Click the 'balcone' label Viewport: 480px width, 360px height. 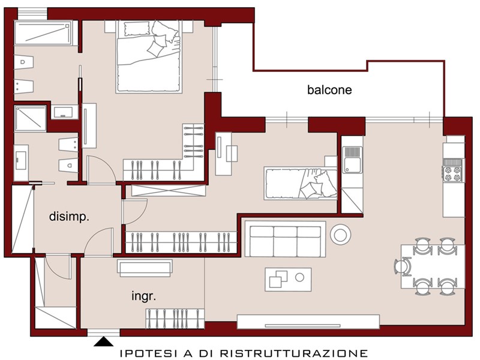[329, 89]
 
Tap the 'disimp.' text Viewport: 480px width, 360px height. [69, 217]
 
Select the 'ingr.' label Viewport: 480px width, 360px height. [143, 296]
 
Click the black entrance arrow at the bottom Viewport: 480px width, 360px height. [103, 341]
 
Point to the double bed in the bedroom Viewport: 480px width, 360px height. [149, 56]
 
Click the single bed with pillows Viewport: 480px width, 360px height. [301, 184]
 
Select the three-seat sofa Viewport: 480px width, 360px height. [285, 239]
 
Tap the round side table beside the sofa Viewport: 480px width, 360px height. [340, 235]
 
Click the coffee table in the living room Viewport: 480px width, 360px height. [288, 280]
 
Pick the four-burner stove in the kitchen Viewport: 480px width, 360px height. [454, 174]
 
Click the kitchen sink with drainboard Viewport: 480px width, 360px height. [352, 160]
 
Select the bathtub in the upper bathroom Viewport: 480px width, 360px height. [43, 33]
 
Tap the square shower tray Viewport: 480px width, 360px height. [30, 118]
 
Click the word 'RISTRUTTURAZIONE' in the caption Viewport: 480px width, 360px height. [293, 353]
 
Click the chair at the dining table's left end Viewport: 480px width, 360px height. [403, 266]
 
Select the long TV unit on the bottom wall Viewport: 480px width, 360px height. [308, 322]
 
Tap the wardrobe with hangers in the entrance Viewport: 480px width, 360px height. [175, 319]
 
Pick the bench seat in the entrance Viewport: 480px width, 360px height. [145, 268]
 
